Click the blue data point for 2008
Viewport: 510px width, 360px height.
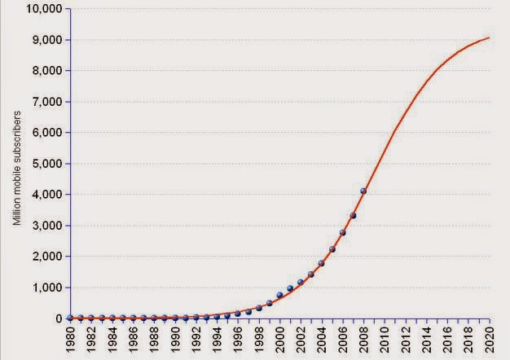363,191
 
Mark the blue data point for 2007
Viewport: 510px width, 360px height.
353,216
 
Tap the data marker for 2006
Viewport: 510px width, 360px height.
342,233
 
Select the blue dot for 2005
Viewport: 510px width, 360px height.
332,249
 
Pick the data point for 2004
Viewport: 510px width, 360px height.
322,263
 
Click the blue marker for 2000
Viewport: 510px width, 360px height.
279,295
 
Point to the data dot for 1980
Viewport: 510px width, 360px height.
70,318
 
